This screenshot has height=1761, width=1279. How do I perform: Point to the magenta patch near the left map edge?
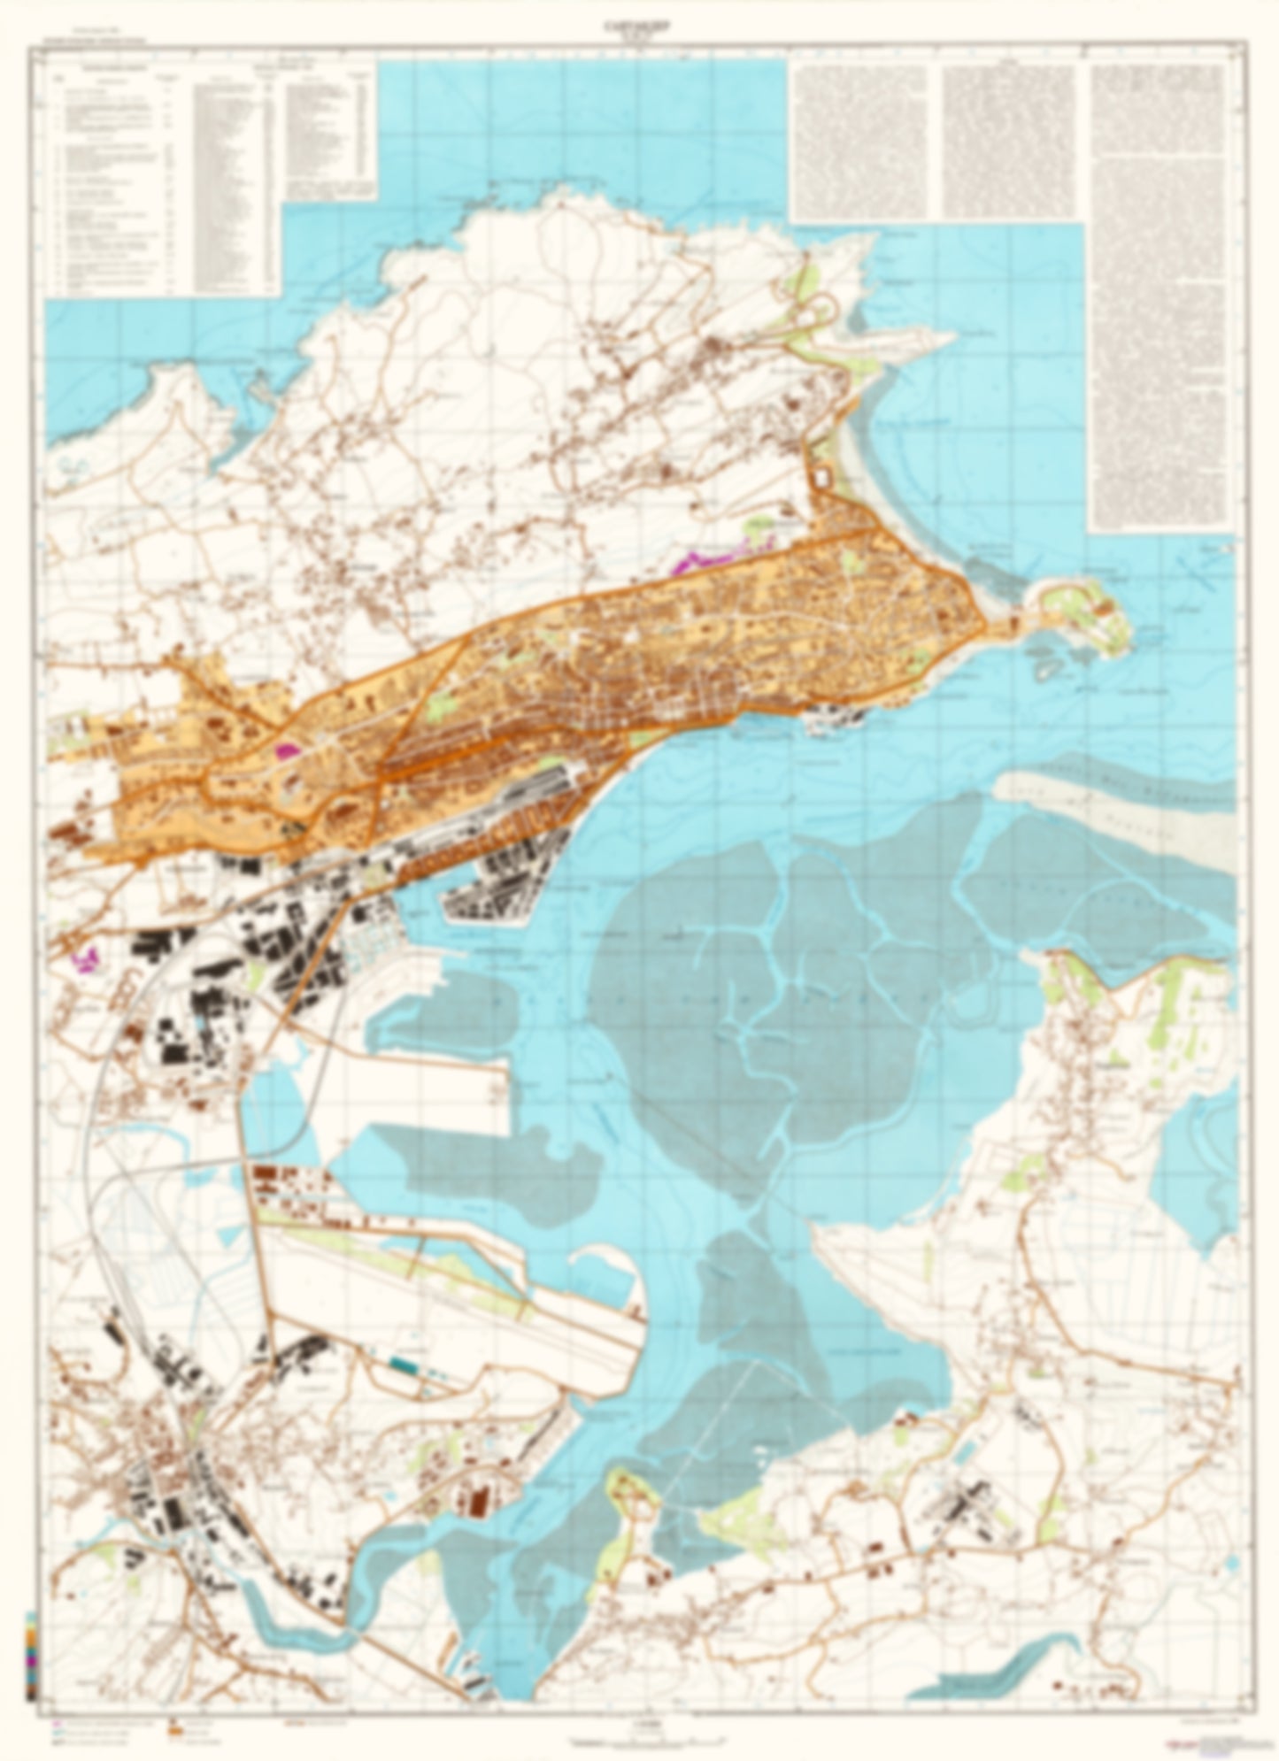pos(86,957)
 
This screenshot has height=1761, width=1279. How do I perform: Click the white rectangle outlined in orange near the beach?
pos(822,477)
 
